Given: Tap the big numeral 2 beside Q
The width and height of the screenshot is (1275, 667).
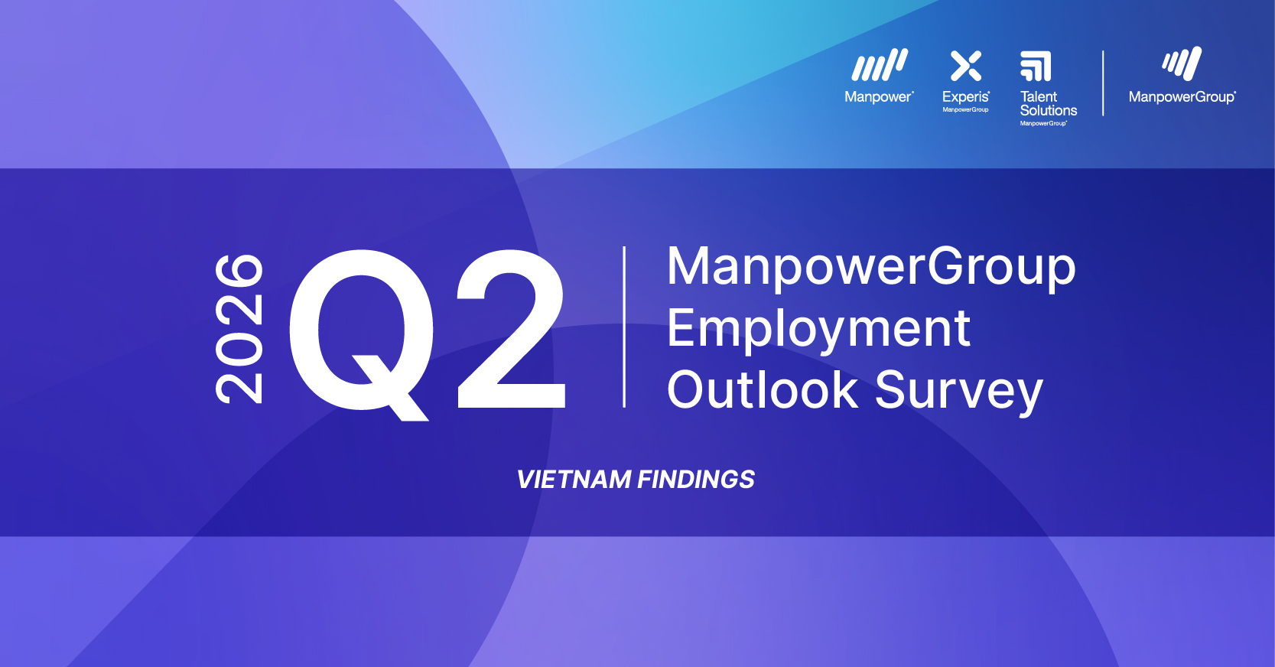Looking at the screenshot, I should click(511, 329).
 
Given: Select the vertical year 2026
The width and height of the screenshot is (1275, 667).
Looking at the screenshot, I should click(239, 328).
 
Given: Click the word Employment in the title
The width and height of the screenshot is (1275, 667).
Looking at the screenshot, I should click(818, 329).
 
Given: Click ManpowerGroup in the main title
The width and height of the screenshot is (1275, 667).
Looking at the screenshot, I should click(871, 267).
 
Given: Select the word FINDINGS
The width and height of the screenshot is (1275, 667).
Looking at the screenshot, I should click(696, 480).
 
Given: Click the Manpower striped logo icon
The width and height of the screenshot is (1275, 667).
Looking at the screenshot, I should click(880, 66).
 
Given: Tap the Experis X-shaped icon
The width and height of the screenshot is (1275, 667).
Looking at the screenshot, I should click(966, 66).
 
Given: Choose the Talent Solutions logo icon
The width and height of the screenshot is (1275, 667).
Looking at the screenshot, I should click(1036, 67).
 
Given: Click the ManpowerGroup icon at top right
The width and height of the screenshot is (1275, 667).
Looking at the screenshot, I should click(1182, 64).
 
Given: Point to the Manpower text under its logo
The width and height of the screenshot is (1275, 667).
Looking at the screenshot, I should click(878, 97).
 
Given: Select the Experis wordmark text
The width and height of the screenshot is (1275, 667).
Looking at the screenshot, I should click(965, 97).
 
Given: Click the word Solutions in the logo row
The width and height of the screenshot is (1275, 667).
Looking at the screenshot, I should click(1049, 111).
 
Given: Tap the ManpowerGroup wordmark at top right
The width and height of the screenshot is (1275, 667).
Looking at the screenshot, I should click(1182, 97).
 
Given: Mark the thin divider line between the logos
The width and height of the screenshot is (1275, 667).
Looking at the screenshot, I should click(1103, 83).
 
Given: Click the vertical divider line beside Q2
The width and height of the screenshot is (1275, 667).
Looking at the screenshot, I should click(625, 327).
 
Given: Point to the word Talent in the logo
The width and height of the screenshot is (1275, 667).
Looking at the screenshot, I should click(1038, 97).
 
